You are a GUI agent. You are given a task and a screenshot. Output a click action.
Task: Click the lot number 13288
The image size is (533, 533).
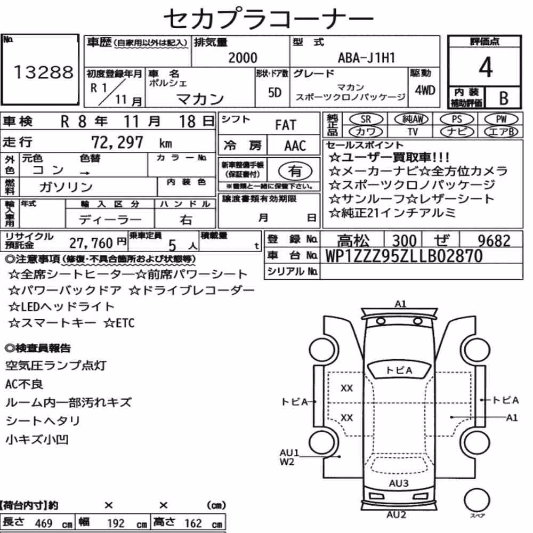44,72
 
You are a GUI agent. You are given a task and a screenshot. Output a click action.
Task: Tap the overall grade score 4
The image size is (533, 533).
486,67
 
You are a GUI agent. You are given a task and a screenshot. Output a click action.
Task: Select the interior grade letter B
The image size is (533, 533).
504,98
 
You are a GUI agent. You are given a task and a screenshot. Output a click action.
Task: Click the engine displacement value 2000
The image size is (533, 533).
243,58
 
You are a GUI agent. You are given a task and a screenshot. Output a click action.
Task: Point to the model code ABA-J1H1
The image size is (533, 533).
366,58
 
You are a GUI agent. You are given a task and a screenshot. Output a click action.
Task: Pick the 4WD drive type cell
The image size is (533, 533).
425,91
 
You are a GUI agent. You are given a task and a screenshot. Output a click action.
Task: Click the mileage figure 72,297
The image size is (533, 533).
117,142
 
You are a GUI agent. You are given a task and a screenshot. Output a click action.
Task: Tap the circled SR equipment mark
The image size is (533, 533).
366,119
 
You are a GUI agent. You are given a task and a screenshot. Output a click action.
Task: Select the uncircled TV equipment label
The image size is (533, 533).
413,132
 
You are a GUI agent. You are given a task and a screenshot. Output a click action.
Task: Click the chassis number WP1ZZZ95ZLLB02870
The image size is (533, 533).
404,256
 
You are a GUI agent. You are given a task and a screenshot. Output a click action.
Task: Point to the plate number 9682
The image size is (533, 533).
494,241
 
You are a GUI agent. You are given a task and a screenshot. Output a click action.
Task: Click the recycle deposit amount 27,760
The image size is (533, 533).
91,243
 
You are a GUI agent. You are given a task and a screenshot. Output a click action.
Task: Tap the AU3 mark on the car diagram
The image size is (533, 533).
398,483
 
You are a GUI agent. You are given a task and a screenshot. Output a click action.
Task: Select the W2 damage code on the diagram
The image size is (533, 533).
287,462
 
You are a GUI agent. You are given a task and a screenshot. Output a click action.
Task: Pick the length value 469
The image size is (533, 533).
44,523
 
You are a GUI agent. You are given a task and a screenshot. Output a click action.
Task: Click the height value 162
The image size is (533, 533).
193,523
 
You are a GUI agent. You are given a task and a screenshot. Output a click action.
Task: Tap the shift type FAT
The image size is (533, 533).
286,125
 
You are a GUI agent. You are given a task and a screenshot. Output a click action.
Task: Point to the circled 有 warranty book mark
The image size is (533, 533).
295,171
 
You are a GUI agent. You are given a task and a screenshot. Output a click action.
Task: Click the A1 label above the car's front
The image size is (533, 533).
400,304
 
